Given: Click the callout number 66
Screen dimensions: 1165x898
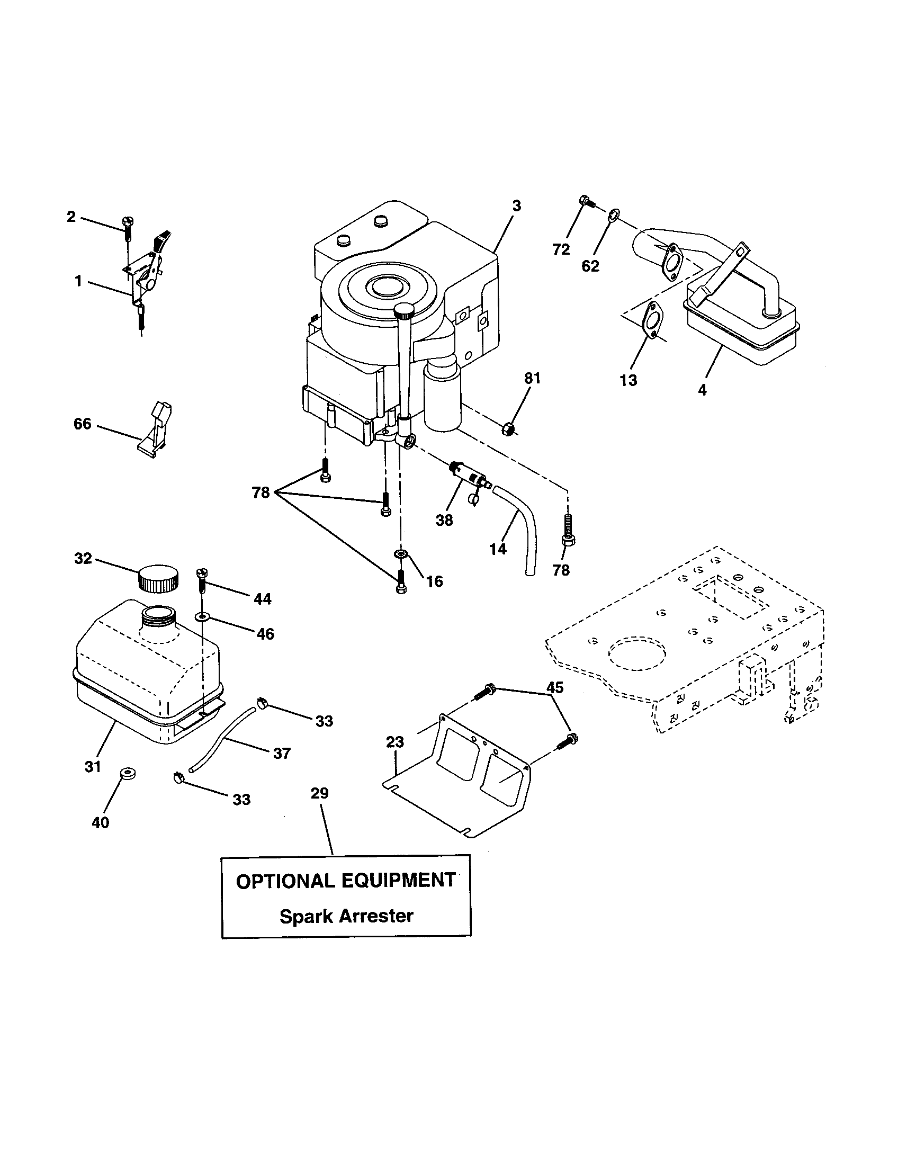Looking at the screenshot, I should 83,424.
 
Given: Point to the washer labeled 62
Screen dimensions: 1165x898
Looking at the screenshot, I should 613,216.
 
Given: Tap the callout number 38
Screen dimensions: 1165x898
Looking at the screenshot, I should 444,520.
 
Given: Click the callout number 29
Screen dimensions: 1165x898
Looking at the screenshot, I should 320,808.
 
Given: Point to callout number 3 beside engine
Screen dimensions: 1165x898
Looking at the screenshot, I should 516,205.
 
